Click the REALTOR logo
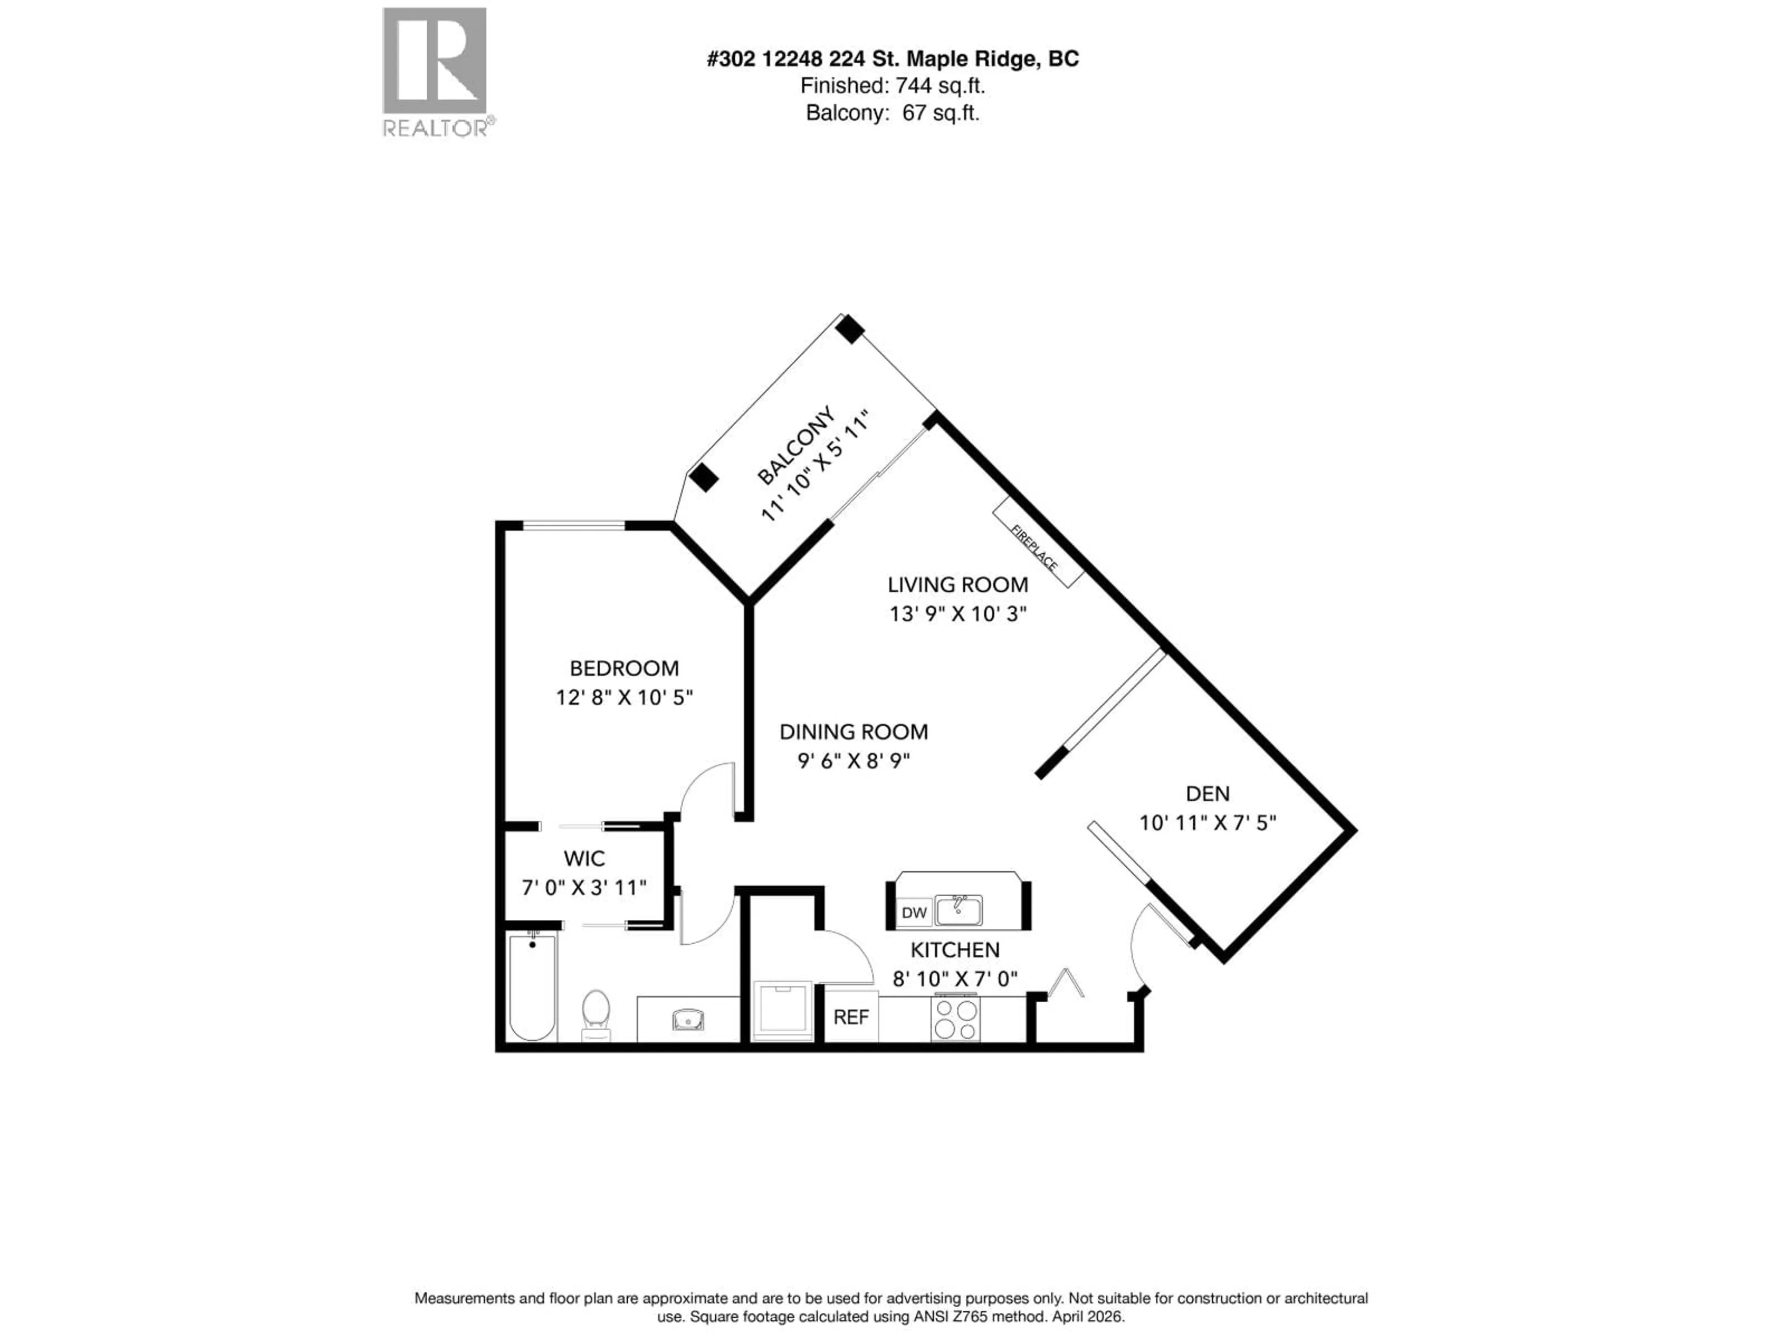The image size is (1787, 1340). coord(435,72)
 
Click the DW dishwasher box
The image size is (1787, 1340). coord(914,913)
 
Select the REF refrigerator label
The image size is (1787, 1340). coord(851,1018)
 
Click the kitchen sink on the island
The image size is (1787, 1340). coord(959,910)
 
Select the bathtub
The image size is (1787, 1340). coord(532,987)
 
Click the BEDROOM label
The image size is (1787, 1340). coord(624,668)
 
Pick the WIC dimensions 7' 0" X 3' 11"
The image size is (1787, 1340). coord(584,888)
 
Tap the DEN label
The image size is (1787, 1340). coord(1207,793)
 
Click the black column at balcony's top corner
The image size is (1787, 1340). coord(850,329)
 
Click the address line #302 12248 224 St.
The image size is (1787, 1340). coord(892,59)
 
